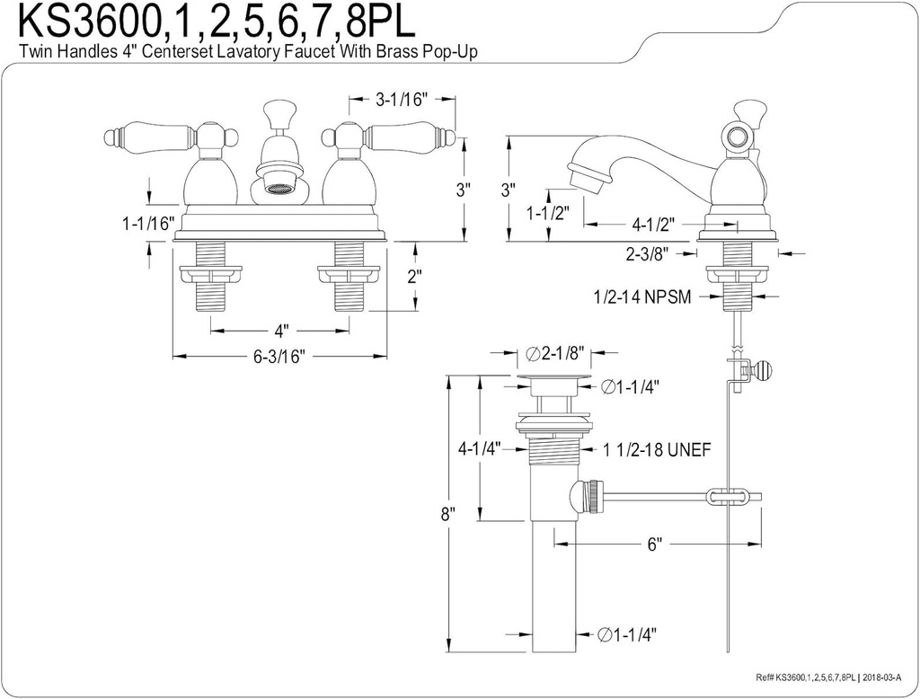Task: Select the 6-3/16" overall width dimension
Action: pyautogui.click(x=279, y=357)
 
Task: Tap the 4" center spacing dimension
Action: pyautogui.click(x=279, y=330)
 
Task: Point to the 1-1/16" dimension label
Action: pyautogui.click(x=146, y=224)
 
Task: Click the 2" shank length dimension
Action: pyautogui.click(x=414, y=277)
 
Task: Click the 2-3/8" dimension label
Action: pyautogui.click(x=650, y=254)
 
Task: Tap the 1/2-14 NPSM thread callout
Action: pyautogui.click(x=641, y=296)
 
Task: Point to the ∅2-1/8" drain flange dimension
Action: pyautogui.click(x=557, y=352)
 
